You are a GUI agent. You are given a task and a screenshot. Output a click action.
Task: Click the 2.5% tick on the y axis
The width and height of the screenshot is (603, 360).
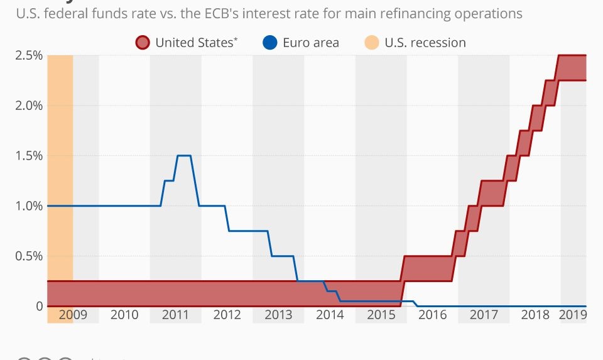pos(29,55)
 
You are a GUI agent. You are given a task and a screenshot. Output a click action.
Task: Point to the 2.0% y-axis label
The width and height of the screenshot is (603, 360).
pos(29,106)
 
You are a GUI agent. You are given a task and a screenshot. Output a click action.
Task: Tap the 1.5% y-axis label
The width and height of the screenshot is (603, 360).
pos(29,156)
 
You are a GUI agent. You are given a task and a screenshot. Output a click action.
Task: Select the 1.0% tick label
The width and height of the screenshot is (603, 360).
pos(29,206)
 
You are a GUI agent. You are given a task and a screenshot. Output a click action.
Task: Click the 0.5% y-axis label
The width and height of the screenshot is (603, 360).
pos(29,256)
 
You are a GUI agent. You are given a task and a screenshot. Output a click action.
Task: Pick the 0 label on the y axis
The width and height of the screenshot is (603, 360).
pos(39,307)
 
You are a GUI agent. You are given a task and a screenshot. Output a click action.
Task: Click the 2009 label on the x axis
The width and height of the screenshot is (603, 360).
pos(73,315)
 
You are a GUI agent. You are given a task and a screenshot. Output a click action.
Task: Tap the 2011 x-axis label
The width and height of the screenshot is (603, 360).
pos(175,315)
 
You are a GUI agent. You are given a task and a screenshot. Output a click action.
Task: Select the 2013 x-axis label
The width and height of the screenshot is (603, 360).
pos(278,315)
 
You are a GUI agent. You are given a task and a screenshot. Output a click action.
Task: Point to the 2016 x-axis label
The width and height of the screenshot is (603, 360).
pos(432,315)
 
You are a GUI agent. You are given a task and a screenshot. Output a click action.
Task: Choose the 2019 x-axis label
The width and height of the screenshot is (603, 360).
pos(573,315)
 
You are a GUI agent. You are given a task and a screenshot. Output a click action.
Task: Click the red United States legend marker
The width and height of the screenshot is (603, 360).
pos(143,43)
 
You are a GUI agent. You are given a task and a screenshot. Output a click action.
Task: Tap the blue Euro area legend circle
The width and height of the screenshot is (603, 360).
pos(270,43)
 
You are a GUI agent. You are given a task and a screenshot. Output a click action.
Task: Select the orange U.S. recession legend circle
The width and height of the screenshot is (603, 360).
pos(372,43)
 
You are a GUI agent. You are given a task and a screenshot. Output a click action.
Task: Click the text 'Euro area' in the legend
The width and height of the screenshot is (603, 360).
pos(311,43)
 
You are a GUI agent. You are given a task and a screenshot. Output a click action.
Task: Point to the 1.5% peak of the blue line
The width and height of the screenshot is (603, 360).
pos(183,155)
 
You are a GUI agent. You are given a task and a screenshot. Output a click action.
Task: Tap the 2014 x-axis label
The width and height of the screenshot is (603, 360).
pos(330,315)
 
